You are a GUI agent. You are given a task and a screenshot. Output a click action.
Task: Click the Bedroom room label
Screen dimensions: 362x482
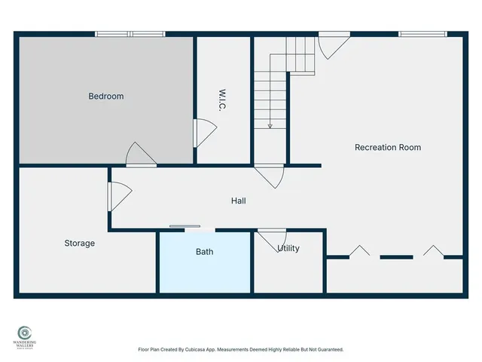[x=106, y=97]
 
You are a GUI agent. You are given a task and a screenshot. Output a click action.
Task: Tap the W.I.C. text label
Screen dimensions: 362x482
[x=223, y=102]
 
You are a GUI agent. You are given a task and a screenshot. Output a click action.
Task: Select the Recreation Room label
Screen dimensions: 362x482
[x=388, y=147]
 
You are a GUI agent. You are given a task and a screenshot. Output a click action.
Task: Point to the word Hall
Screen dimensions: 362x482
[x=238, y=201]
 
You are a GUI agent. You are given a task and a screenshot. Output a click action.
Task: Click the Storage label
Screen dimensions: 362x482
[x=79, y=243]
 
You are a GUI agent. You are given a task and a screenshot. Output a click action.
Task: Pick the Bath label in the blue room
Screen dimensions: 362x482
[x=204, y=251]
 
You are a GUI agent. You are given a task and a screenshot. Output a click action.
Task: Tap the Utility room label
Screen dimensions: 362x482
[x=288, y=248]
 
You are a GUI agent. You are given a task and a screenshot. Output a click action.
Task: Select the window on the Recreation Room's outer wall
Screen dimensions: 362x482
[x=420, y=34]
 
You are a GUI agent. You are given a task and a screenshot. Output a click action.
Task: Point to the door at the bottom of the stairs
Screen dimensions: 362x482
[x=270, y=176]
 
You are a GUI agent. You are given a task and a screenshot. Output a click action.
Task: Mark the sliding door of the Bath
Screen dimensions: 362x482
[x=185, y=226]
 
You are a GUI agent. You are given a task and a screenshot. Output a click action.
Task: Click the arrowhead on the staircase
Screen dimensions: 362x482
[x=269, y=125]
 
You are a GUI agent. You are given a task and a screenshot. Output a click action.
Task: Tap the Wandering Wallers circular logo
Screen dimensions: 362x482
[x=25, y=332]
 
